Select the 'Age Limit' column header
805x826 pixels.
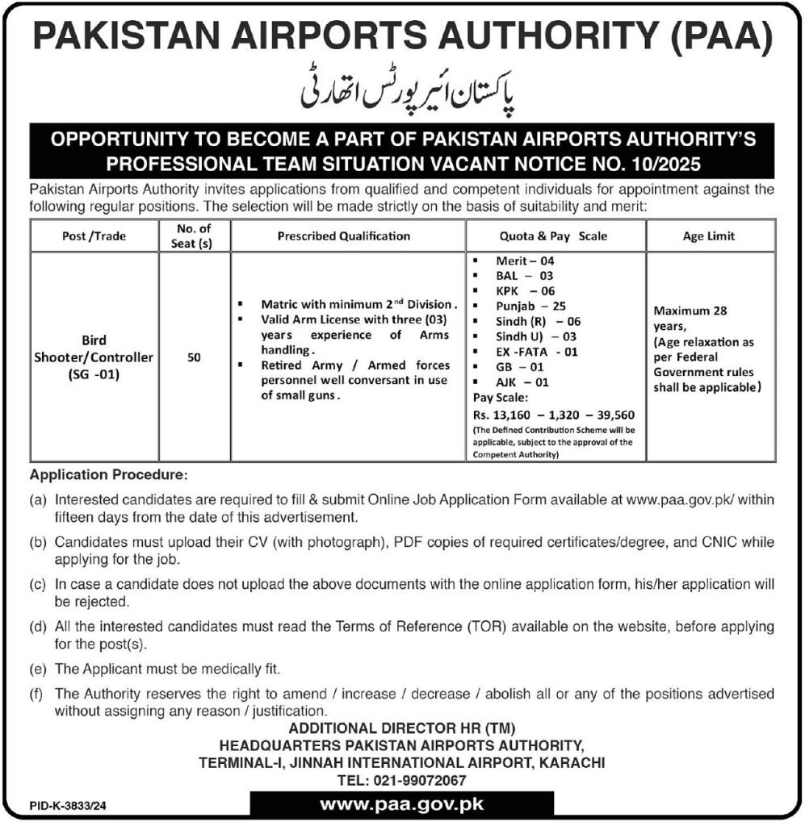[x=709, y=236]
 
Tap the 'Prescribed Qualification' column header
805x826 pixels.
[x=343, y=236]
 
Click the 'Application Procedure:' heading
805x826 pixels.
[x=108, y=474]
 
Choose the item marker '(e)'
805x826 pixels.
[x=37, y=669]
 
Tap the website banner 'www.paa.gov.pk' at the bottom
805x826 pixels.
[x=401, y=804]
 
